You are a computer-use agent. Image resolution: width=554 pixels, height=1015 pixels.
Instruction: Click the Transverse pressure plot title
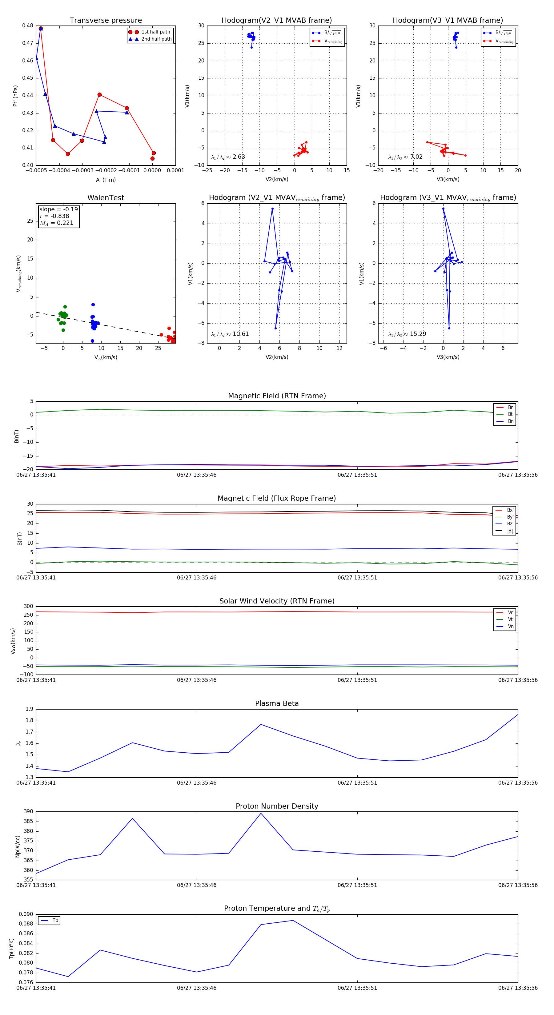pyautogui.click(x=106, y=21)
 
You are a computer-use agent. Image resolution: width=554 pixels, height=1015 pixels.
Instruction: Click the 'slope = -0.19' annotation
pyautogui.click(x=58, y=209)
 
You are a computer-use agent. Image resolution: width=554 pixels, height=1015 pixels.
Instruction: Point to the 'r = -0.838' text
pyautogui.click(x=54, y=216)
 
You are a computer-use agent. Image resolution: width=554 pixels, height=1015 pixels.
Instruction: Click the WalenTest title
pyautogui.click(x=106, y=198)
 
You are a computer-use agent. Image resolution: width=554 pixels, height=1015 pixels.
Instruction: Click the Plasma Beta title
pyautogui.click(x=277, y=703)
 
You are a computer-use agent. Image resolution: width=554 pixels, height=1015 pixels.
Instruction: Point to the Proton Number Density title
pyautogui.click(x=277, y=806)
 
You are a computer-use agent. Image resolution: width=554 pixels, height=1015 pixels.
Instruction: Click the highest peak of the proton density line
pyautogui.click(x=261, y=813)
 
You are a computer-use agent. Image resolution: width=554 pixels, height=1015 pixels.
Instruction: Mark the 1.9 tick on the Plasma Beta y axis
pyautogui.click(x=29, y=709)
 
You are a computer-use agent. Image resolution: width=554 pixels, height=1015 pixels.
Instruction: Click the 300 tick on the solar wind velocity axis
pyautogui.click(x=28, y=607)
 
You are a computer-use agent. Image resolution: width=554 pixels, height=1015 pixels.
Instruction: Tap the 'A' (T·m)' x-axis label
pyautogui.click(x=106, y=180)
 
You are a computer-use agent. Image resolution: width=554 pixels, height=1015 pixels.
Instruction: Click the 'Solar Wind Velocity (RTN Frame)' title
pyautogui.click(x=277, y=601)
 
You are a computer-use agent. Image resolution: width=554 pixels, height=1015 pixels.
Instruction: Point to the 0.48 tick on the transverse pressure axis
pyautogui.click(x=28, y=26)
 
